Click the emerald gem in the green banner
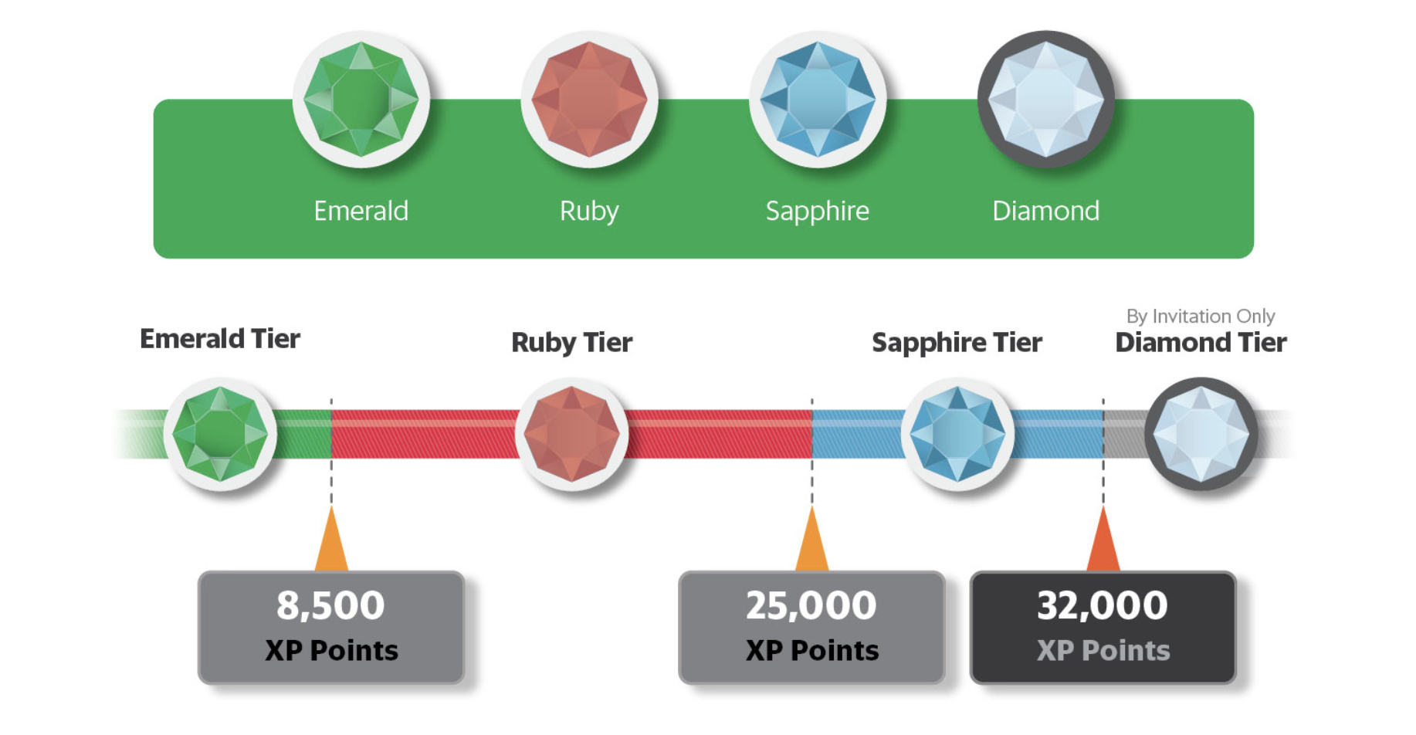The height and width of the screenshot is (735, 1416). pyautogui.click(x=361, y=99)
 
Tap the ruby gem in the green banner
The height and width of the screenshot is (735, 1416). pyautogui.click(x=589, y=99)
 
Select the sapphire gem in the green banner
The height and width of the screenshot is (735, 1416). pyautogui.click(x=818, y=99)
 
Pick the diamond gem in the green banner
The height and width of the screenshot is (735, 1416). pyautogui.click(x=1046, y=99)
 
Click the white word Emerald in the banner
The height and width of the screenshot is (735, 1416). pyautogui.click(x=361, y=211)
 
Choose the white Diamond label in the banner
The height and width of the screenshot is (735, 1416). pyautogui.click(x=1045, y=211)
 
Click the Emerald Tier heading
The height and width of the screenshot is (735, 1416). pyautogui.click(x=220, y=339)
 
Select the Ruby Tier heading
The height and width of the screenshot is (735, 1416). pyautogui.click(x=572, y=343)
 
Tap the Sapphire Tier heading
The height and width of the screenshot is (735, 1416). pyautogui.click(x=957, y=343)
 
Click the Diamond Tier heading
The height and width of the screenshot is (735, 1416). pyautogui.click(x=1201, y=342)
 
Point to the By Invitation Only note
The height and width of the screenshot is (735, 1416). pyautogui.click(x=1201, y=317)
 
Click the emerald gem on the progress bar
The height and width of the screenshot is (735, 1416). pyautogui.click(x=220, y=434)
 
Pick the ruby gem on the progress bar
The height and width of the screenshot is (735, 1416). pyautogui.click(x=571, y=434)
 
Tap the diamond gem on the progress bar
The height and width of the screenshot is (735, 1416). pyautogui.click(x=1201, y=434)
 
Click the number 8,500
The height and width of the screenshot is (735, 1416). pyautogui.click(x=330, y=606)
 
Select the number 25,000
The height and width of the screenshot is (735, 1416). pyautogui.click(x=811, y=606)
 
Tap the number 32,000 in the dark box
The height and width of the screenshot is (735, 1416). pyautogui.click(x=1103, y=606)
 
